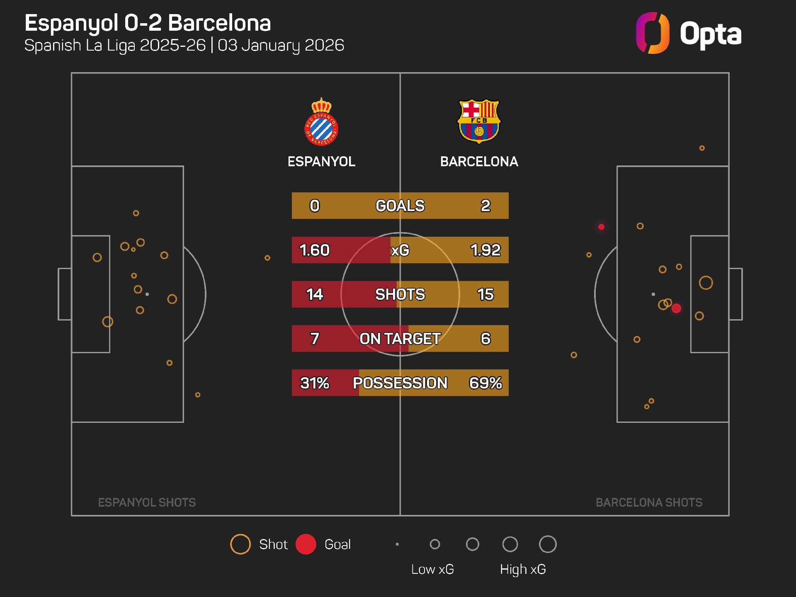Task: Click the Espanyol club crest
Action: coord(321,122)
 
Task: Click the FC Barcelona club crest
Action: coord(479,121)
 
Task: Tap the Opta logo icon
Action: coord(653,33)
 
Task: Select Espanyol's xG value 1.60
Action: coord(314,250)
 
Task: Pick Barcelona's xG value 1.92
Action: coord(485,250)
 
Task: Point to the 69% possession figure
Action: coord(485,383)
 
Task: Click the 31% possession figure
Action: coord(314,383)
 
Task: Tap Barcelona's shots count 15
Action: coord(485,294)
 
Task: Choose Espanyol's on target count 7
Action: coord(314,339)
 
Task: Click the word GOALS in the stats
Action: coord(400,206)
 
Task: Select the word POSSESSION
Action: coord(400,383)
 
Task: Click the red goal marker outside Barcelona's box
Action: coord(601,227)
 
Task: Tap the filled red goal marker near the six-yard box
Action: coord(676,308)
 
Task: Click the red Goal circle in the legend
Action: coord(306,544)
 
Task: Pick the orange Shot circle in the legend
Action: coord(240,544)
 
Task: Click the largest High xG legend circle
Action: coord(548,544)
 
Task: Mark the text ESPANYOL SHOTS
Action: coord(147,502)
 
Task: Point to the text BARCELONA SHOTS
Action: coord(649,502)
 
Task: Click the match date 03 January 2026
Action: coord(281,45)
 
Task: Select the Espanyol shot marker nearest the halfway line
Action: coord(267,258)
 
